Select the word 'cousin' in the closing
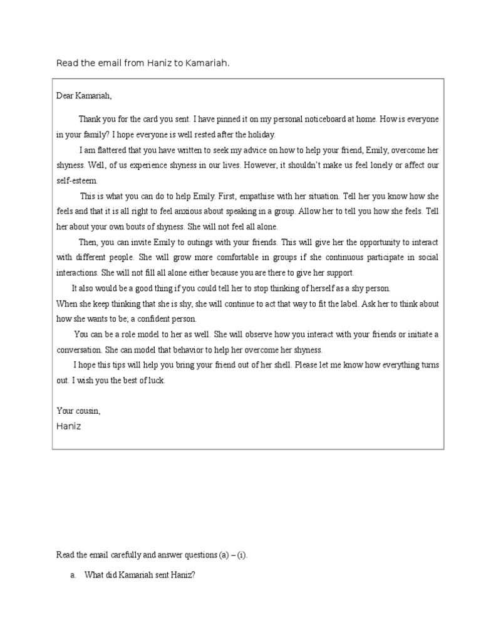(86, 411)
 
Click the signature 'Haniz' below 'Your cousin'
(69, 426)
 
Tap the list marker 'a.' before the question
(73, 576)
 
